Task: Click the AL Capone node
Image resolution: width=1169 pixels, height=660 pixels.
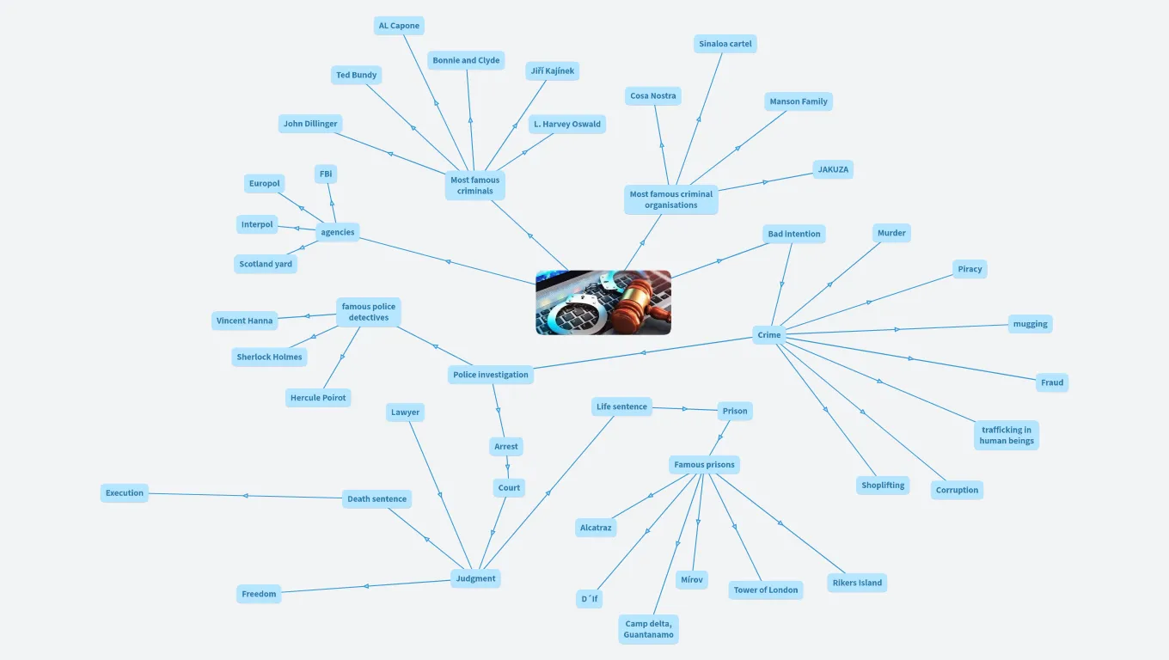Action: click(399, 26)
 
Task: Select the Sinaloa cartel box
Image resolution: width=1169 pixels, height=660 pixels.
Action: click(725, 44)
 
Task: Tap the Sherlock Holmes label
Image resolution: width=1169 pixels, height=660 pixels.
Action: click(269, 357)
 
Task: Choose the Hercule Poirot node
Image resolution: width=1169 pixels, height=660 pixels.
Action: click(318, 398)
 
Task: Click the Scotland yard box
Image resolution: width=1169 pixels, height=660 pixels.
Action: click(266, 264)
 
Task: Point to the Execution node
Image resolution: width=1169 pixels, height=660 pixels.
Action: click(125, 493)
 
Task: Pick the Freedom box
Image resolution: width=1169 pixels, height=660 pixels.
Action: click(259, 594)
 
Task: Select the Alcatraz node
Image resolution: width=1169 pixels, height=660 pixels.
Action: click(596, 528)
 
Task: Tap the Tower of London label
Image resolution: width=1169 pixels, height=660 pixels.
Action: click(765, 590)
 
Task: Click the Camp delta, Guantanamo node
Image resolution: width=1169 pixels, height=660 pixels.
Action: click(648, 629)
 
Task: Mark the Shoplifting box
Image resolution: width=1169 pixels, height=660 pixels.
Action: click(883, 486)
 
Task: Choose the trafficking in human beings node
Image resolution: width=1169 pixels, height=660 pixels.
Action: click(1006, 435)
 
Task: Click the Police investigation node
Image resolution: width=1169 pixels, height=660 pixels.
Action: click(491, 375)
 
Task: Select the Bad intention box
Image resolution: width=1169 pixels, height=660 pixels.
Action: click(793, 234)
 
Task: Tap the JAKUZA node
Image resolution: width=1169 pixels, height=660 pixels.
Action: click(833, 169)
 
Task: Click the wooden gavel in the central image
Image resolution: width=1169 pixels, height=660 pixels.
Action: click(637, 301)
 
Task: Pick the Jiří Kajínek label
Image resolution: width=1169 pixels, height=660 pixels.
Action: click(552, 71)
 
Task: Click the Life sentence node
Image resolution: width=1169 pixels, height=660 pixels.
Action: click(621, 406)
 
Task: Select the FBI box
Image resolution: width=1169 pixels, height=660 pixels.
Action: click(326, 174)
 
